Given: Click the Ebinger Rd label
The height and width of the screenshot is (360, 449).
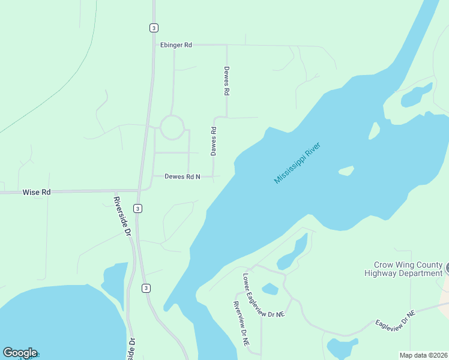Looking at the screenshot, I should click(x=176, y=45).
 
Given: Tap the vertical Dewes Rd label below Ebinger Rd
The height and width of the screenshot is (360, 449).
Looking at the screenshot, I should click(x=227, y=82).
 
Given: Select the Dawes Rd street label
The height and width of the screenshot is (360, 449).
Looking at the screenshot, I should click(x=213, y=141).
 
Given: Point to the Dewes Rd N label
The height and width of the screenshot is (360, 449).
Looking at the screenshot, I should click(x=182, y=176).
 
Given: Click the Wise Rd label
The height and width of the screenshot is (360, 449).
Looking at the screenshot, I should click(x=37, y=192).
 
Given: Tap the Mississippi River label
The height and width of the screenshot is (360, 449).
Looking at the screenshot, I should click(x=298, y=163).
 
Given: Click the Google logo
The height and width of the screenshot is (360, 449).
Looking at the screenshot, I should click(x=20, y=353).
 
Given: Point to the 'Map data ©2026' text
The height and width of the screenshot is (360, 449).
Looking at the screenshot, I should click(x=423, y=355).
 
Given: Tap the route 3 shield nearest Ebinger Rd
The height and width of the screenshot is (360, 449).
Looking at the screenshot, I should click(x=154, y=28).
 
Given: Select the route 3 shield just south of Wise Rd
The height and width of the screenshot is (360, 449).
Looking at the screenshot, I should click(x=138, y=208).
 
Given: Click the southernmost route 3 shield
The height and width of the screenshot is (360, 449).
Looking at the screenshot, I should click(x=146, y=289).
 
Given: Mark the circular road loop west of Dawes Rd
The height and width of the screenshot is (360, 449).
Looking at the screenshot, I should click(x=172, y=127).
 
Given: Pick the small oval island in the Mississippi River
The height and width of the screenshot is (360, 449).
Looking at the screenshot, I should click(x=346, y=171).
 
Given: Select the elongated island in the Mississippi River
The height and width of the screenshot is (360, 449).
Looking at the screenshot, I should click(x=374, y=130).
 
